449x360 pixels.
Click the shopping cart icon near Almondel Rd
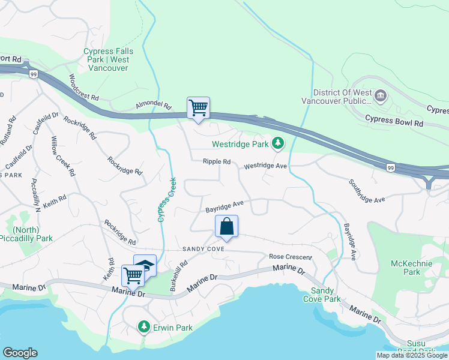(x=198, y=108)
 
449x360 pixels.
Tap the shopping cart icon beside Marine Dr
(x=132, y=275)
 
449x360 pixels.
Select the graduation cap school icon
(x=145, y=265)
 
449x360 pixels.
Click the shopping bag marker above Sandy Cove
(x=226, y=227)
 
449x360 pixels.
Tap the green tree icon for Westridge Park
(x=277, y=143)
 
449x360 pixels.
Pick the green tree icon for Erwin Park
(x=143, y=326)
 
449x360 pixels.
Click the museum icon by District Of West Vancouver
(x=380, y=95)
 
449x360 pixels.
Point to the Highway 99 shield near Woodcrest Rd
(x=32, y=73)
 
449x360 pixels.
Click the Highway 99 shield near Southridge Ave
(x=391, y=167)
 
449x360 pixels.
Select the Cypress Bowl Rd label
(x=394, y=122)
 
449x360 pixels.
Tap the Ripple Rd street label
(x=216, y=161)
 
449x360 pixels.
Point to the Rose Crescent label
(x=291, y=257)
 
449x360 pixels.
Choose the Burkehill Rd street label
(x=179, y=272)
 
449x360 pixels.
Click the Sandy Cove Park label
(x=321, y=295)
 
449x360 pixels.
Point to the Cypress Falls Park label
(x=109, y=59)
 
